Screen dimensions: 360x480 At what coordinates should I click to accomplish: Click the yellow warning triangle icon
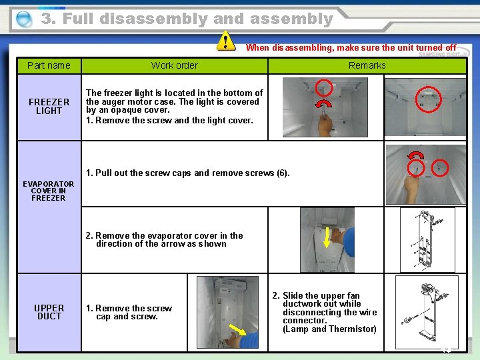[x=226, y=41]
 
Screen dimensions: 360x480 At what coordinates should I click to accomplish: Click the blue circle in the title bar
[x=24, y=19]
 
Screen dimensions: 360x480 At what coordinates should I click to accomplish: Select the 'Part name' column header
[x=49, y=65]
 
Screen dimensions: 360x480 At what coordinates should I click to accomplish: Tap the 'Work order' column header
[x=174, y=65]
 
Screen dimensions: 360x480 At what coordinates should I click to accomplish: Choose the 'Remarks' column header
[x=367, y=65]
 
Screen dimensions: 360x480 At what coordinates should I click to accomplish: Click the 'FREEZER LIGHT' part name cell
[x=49, y=107]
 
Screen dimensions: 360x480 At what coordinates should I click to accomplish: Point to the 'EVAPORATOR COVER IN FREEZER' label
[x=49, y=191]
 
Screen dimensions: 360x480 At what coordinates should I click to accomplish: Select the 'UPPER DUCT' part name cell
[x=49, y=312]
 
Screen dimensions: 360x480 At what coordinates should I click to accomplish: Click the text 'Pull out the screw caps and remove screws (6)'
[x=188, y=173]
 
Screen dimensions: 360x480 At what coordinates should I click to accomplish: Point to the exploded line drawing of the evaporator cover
[x=427, y=239]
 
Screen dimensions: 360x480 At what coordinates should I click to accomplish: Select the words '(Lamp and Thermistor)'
[x=329, y=329]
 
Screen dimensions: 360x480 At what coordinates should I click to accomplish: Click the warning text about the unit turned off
[x=351, y=48]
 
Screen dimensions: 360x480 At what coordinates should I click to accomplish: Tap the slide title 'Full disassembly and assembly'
[x=187, y=19]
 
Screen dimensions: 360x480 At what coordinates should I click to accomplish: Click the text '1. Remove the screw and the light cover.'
[x=169, y=121]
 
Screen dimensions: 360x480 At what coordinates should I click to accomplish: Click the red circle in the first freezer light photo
[x=323, y=87]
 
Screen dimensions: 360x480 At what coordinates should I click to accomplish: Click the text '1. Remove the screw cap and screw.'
[x=129, y=312]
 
